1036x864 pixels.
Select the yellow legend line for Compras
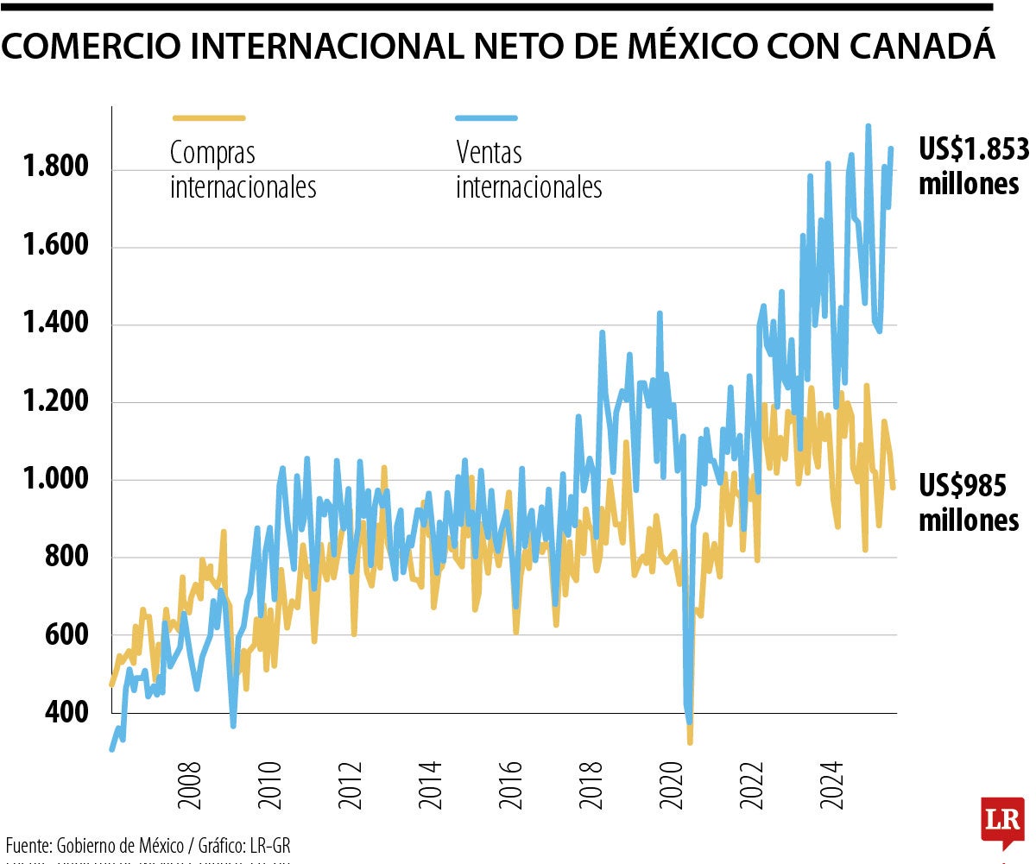[x=209, y=117]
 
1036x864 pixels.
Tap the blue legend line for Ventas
[x=486, y=117]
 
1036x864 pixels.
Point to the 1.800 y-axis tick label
[x=55, y=167]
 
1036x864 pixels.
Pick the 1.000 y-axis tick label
[x=55, y=479]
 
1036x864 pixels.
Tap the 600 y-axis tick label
[x=68, y=634]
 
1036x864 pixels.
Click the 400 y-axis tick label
[x=68, y=712]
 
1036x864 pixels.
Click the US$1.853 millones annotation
[x=972, y=167]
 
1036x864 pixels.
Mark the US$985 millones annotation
[x=968, y=503]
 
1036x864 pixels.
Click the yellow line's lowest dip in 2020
[x=690, y=741]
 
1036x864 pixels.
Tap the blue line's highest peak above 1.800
[x=868, y=126]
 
